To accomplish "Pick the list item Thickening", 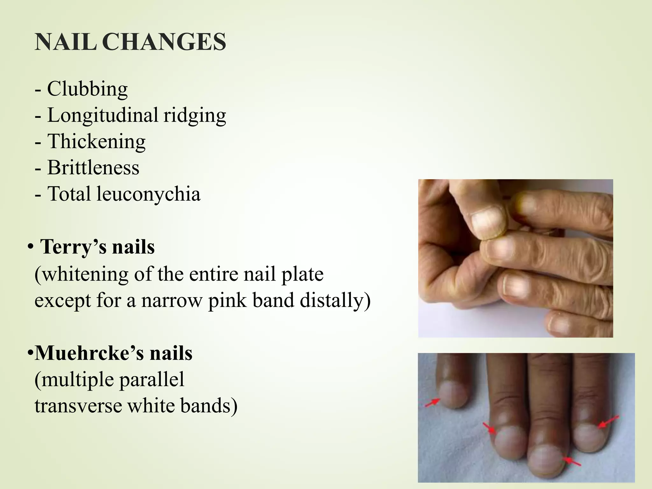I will click(96, 141).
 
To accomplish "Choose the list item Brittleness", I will click(93, 167).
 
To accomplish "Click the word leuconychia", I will click(148, 194).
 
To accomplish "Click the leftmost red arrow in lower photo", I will click(433, 403).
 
